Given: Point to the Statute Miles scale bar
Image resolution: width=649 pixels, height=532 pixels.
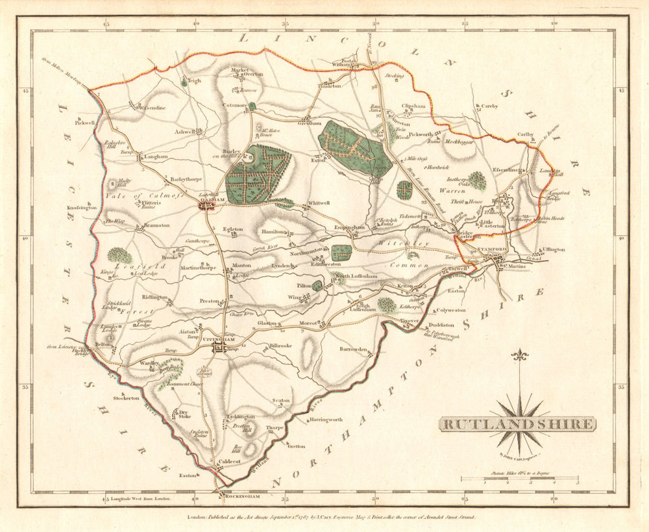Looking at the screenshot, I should tap(519, 479).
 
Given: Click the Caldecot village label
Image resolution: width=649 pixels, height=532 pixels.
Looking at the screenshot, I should tap(228, 461).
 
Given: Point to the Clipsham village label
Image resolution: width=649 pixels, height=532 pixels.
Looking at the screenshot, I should tap(413, 105).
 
